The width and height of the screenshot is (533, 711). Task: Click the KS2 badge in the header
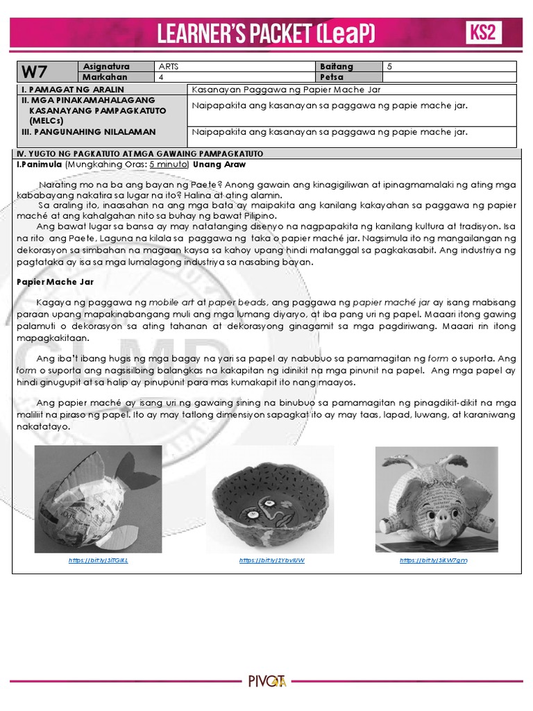(x=484, y=33)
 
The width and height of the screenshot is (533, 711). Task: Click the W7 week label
(x=37, y=72)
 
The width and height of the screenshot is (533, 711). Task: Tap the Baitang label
(x=337, y=67)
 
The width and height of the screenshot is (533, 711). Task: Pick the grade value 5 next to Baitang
(x=389, y=67)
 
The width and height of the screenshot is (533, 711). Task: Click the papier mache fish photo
(x=98, y=499)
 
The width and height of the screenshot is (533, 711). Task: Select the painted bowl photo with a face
(x=270, y=499)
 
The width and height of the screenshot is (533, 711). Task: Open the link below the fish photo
(x=98, y=560)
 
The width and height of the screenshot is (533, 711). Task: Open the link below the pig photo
(x=433, y=560)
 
